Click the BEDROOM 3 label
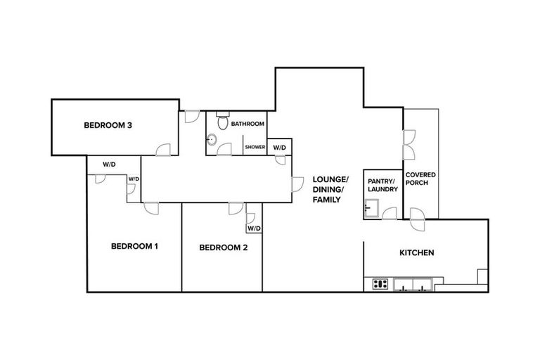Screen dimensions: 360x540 [x=108, y=126]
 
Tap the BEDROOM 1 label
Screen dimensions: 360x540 [x=135, y=246]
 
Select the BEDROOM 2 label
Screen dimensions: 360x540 [x=224, y=247]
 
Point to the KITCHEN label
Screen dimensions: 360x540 [x=417, y=252]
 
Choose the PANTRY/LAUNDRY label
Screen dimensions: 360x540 [x=383, y=185]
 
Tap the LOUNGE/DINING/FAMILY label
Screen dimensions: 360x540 [x=327, y=190]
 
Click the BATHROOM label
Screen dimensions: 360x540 [x=247, y=124]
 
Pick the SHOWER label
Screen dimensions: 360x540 [x=255, y=147]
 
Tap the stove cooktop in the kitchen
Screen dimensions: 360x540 [x=380, y=284]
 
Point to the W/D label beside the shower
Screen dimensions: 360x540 [x=279, y=148]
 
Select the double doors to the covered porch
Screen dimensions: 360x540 [x=407, y=145]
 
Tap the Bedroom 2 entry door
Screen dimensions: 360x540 [x=235, y=209]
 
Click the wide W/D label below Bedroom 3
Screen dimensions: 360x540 [x=109, y=164]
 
